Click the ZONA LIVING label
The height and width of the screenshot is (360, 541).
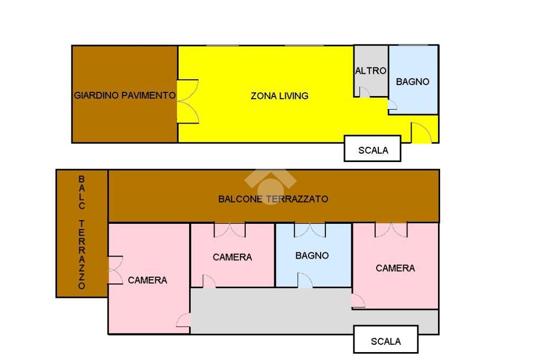279,96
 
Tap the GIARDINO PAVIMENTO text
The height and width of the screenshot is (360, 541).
125,96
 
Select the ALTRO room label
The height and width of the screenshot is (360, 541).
370,71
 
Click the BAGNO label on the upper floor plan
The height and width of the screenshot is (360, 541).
413,82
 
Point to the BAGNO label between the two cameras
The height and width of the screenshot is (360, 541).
312,255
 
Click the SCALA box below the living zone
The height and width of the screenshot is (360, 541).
373,150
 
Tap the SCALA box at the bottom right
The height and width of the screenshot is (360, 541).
386,341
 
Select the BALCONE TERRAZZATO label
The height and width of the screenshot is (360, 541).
273,199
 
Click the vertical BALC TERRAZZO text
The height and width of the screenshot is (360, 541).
81,232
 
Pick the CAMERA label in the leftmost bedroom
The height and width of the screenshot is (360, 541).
147,280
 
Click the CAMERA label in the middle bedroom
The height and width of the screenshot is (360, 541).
232,257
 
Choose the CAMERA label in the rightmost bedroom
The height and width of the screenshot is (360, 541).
395,268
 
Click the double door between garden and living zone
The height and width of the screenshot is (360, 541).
188,101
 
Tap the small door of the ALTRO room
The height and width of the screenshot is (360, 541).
364,92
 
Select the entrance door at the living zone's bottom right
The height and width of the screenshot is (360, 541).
422,133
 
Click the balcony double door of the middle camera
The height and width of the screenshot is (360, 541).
230,230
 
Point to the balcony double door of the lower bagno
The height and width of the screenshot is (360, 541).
310,230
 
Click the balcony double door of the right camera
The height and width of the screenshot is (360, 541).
391,230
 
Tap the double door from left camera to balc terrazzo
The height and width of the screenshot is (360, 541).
115,270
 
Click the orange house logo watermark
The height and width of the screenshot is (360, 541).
270,185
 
